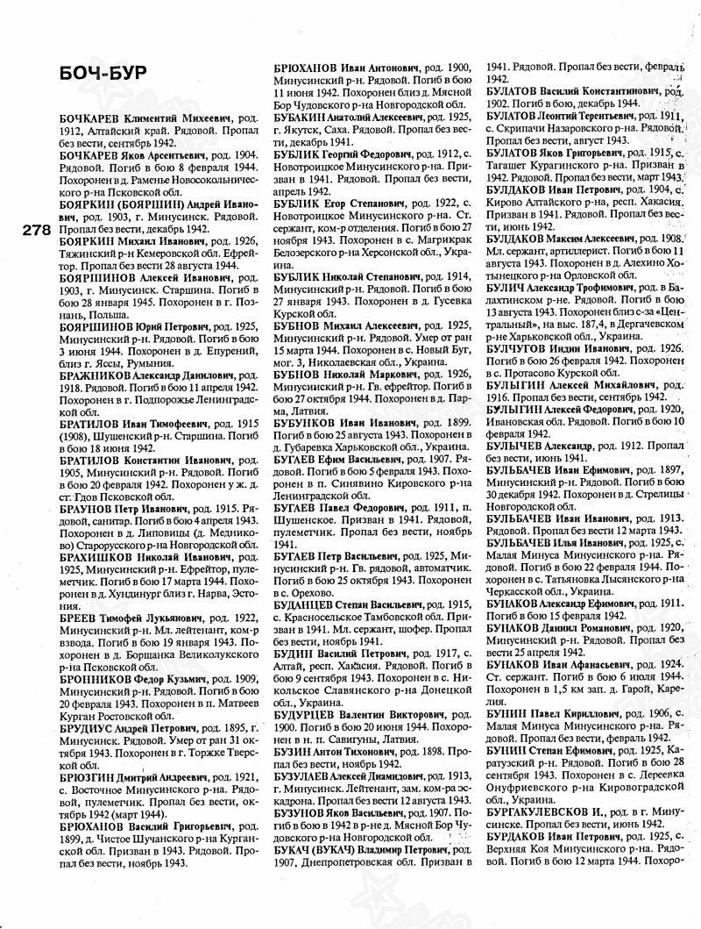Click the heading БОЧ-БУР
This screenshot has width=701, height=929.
pyautogui.click(x=83, y=72)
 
